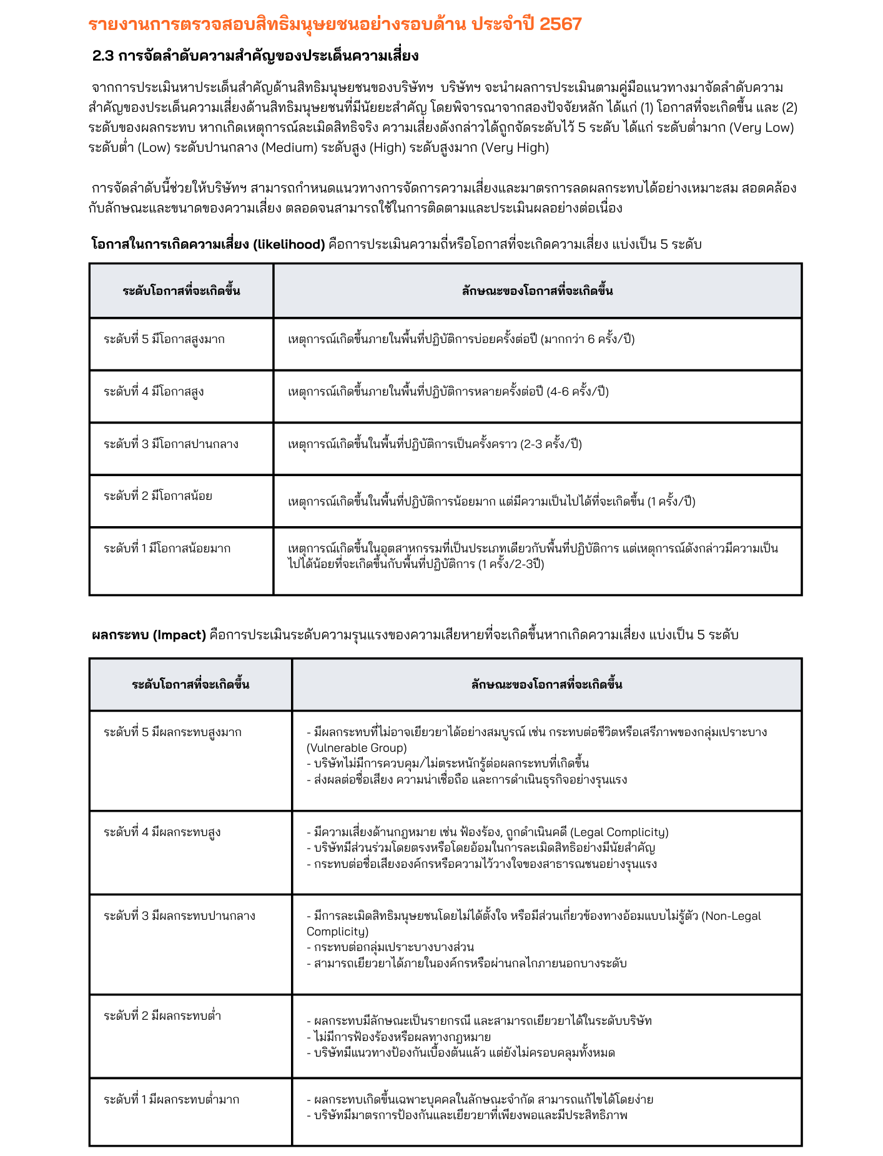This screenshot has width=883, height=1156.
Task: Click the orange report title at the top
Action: pos(335,24)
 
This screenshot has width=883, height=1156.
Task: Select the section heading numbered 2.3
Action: pos(255,56)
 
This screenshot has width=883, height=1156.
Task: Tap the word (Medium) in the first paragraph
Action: pos(290,147)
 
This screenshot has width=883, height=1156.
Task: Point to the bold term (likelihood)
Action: pos(289,244)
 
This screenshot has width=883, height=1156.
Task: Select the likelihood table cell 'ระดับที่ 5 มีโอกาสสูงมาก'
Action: pos(164,339)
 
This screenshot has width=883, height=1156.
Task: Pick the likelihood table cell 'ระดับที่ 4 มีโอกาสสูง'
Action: pos(154,392)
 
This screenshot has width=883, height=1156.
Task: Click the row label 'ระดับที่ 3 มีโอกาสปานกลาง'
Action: pos(171,444)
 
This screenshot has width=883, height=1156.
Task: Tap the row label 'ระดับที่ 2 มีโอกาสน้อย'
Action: pos(158,496)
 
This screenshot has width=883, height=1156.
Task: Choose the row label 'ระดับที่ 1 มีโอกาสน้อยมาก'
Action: pos(167,549)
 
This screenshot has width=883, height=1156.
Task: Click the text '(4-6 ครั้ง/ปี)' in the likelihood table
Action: pos(578,392)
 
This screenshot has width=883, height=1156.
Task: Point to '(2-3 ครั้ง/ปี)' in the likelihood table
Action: pos(551,444)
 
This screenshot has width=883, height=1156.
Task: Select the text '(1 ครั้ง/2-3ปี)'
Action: pos(511,564)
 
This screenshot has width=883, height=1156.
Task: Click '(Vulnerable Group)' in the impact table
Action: pos(357,748)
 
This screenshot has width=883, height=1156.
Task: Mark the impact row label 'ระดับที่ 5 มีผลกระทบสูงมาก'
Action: pos(172,732)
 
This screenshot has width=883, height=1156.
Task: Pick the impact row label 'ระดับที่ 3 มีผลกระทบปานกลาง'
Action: pos(179,916)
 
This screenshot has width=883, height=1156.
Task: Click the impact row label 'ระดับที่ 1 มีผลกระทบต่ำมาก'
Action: pos(171,1100)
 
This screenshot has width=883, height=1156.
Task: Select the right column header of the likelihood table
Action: pos(537,291)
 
